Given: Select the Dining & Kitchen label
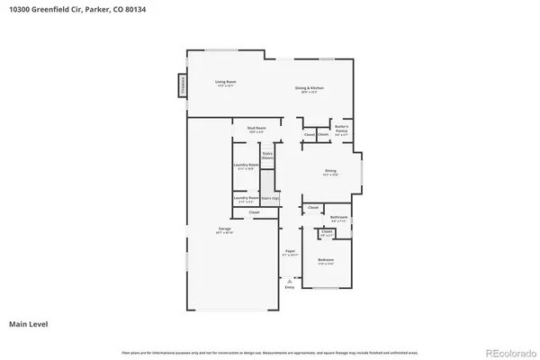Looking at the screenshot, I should point(310,89).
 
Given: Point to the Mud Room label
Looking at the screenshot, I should point(256,129).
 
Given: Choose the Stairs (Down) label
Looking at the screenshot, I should point(267,156).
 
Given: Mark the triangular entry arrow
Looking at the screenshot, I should point(290,278).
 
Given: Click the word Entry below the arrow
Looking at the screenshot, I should point(290,287).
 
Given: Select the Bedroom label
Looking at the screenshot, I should point(326,261).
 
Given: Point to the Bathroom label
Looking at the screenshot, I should point(338,218).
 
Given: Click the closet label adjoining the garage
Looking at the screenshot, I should point(242,212).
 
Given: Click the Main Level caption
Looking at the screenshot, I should point(29,323).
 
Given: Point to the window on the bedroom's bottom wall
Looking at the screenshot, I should point(327,288).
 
